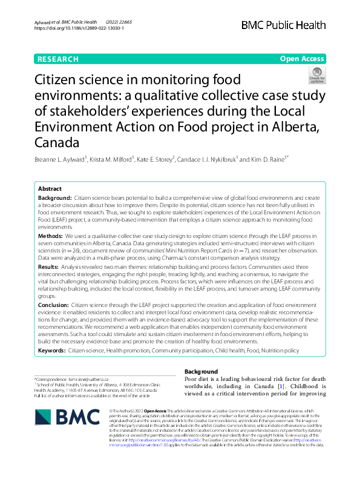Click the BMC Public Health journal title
coord(284,25)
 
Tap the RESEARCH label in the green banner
coord(58,59)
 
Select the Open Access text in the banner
coord(303,59)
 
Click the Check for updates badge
coord(316,75)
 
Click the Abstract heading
coord(50,189)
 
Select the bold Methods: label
coord(53,234)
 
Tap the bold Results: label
coord(51,266)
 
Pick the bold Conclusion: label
coord(54,305)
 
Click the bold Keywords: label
coord(52,350)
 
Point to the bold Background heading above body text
coord(201,371)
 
